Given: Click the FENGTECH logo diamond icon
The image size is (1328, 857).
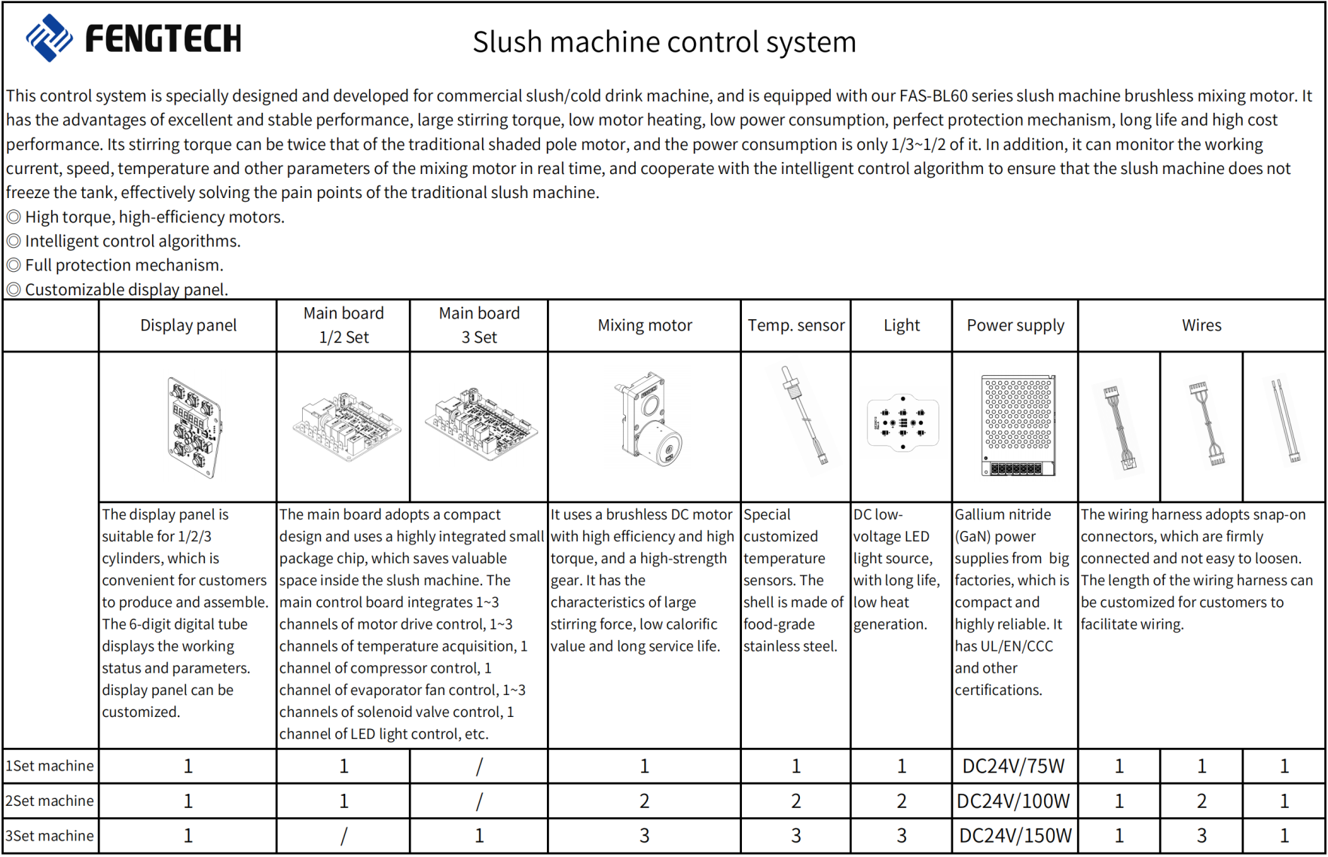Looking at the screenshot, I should click(49, 38).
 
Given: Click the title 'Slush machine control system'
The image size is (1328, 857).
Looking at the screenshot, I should click(664, 42).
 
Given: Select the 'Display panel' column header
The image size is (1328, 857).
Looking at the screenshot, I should click(188, 325).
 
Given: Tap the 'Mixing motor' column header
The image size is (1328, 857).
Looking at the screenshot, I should click(645, 325).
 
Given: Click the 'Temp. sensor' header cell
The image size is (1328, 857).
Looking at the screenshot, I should click(796, 325).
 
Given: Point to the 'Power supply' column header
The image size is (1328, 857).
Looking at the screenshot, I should click(1015, 325).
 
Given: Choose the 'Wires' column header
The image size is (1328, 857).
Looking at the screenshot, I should click(1201, 325).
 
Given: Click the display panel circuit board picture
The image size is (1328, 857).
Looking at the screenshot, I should click(194, 427).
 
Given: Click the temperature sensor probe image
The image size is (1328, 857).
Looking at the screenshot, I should click(804, 416).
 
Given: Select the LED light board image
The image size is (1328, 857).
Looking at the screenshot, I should click(902, 422).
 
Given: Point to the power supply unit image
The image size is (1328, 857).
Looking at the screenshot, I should click(1018, 425).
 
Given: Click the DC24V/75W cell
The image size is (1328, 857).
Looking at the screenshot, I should click(1014, 767).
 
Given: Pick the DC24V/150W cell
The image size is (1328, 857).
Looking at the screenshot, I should click(1015, 836).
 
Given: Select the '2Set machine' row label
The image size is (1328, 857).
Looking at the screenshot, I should click(50, 801).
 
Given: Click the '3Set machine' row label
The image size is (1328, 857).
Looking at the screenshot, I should click(50, 836).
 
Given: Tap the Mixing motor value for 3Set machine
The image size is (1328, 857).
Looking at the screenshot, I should click(645, 836).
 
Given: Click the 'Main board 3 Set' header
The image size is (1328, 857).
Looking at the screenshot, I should click(479, 325).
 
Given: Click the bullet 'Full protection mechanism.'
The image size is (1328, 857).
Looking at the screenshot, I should click(124, 265).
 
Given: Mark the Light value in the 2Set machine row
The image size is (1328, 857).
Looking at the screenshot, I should click(902, 801).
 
